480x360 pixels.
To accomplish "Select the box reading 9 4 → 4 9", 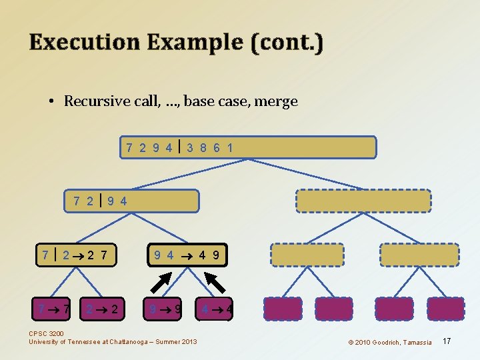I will pyautogui.click(x=187, y=254).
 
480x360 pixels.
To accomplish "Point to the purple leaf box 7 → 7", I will pyautogui.click(x=54, y=309).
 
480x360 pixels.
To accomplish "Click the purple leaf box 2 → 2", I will pyautogui.click(x=102, y=309).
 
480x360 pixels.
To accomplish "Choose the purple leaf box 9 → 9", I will pyautogui.click(x=163, y=309).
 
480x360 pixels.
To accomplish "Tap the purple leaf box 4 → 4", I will pyautogui.click(x=216, y=309).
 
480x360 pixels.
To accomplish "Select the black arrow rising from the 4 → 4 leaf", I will pyautogui.click(x=214, y=282).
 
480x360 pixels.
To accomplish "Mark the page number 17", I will pyautogui.click(x=447, y=341).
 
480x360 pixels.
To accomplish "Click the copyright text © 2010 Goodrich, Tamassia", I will pyautogui.click(x=389, y=342).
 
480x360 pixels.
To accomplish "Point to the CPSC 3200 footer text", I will pyautogui.click(x=47, y=334).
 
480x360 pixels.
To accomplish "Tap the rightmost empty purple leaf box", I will pyautogui.click(x=445, y=309).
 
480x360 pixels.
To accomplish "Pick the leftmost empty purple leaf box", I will pyautogui.click(x=283, y=309).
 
